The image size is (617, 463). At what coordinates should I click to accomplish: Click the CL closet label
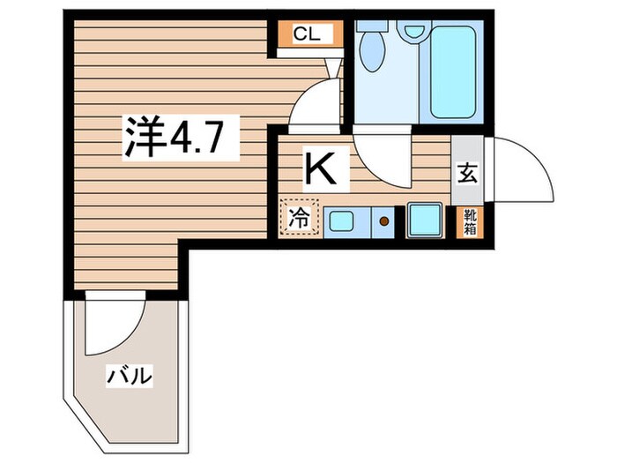pyautogui.click(x=307, y=34)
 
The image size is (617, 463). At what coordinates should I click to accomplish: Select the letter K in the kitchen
pyautogui.click(x=319, y=167)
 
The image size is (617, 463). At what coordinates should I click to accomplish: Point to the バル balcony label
pyautogui.click(x=130, y=377)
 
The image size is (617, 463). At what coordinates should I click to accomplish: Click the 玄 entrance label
pyautogui.click(x=467, y=173)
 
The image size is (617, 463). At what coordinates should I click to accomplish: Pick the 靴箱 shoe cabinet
pyautogui.click(x=467, y=220)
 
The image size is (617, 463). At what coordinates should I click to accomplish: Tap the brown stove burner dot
pyautogui.click(x=384, y=220)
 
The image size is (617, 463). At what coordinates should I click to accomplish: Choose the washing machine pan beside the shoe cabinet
pyautogui.click(x=427, y=219)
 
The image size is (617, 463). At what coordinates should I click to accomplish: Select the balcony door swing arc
pyautogui.click(x=115, y=326)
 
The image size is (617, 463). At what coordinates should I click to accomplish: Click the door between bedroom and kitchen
pyautogui.click(x=313, y=106)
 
